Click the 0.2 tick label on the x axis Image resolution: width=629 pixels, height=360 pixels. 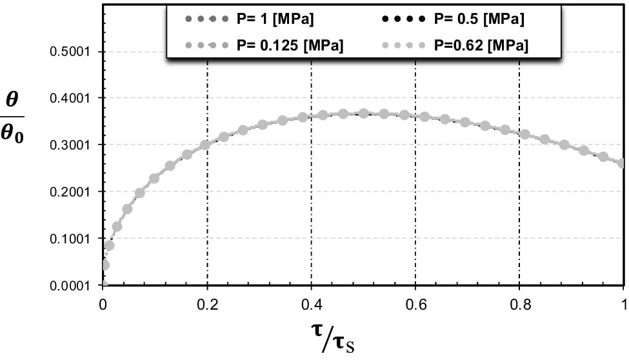207,301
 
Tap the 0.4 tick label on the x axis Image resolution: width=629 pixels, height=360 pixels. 311,301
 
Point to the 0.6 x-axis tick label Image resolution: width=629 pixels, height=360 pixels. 415,301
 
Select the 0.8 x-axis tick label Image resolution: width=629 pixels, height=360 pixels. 519,301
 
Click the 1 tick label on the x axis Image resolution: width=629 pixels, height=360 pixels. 623,301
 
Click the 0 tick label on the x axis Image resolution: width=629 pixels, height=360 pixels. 103,301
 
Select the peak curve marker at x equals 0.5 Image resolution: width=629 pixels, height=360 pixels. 364,114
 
